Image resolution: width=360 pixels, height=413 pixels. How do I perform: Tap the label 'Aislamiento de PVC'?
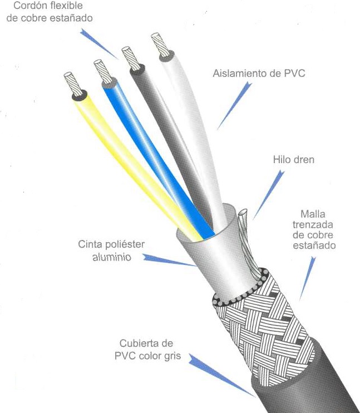pyautogui.click(x=259, y=73)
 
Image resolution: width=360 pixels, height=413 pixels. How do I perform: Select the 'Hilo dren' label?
pyautogui.click(x=293, y=159)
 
